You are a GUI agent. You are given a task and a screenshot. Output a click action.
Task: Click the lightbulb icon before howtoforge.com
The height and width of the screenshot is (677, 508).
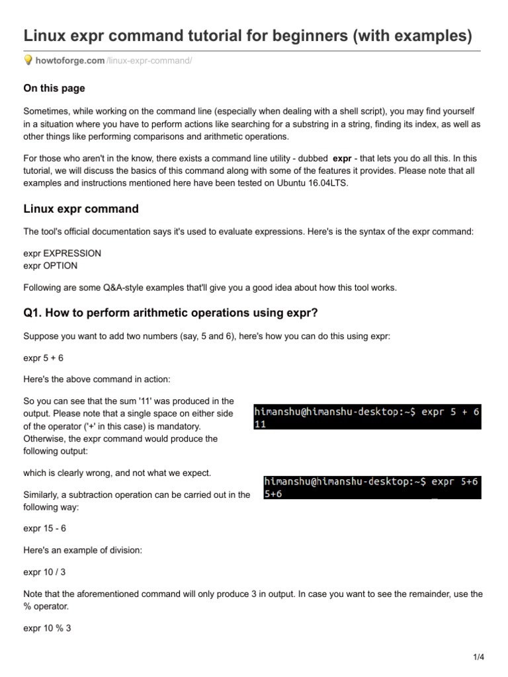pos(28,61)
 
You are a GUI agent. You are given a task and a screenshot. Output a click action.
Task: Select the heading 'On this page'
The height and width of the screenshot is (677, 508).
pos(54,88)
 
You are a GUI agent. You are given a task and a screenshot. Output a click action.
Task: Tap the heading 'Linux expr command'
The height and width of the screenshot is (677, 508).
pos(81,209)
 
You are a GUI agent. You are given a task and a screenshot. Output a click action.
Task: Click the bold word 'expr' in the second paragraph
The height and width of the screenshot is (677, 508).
pos(342,159)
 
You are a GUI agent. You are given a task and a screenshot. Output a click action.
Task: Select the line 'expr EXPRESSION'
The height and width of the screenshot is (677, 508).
pos(62,254)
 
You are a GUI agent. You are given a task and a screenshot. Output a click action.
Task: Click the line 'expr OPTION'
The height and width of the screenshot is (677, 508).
pos(50,265)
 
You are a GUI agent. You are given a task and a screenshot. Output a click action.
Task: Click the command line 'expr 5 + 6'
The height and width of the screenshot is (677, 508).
pos(44,358)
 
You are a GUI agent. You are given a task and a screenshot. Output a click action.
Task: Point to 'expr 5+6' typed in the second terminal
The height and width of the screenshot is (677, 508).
pos(454,482)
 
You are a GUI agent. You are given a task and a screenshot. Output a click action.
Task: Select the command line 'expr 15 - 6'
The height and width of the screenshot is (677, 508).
pos(45,528)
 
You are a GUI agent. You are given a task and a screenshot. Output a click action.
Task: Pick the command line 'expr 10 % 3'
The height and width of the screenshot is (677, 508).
pos(47,628)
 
